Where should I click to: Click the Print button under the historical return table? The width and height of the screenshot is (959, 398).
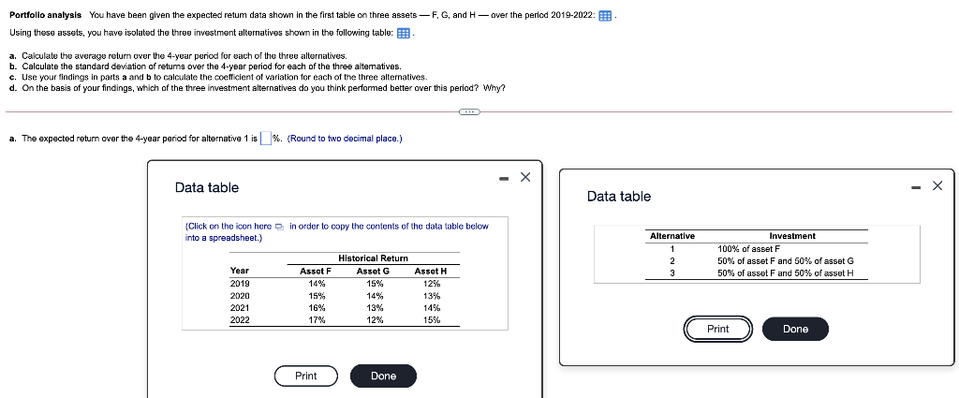coord(305,376)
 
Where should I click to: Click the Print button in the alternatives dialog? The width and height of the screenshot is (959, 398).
coord(717,329)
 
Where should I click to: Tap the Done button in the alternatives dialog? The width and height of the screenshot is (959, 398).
coord(795,329)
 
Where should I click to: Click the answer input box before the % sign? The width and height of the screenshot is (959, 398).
coord(266,139)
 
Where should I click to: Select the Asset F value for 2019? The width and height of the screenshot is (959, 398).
coord(317,283)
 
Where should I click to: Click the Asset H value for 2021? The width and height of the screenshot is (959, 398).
coord(431,307)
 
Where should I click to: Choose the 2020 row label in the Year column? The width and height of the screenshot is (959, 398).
coord(240,295)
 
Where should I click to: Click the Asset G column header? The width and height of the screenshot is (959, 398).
coord(374,271)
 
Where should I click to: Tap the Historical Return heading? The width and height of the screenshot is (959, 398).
coord(373,258)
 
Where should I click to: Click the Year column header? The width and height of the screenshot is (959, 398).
coord(240,271)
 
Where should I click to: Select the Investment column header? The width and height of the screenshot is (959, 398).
coord(791,236)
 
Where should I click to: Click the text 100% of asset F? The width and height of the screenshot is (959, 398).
coord(748,248)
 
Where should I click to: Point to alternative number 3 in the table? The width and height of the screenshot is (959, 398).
coord(672,273)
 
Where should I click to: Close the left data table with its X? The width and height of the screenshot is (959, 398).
coord(525,177)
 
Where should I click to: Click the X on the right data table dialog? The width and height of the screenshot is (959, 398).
coord(937,185)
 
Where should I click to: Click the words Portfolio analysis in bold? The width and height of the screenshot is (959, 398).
coord(45,16)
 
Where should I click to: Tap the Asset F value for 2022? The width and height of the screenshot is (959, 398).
coord(317,319)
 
